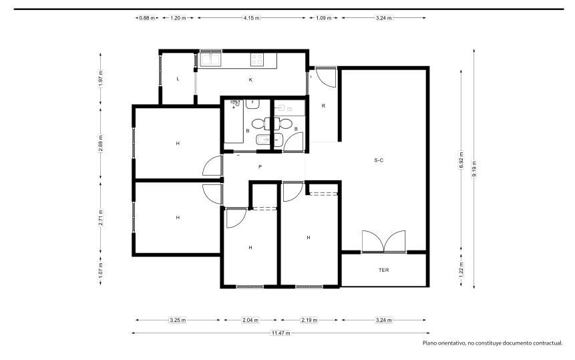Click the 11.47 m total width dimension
(x=280, y=333)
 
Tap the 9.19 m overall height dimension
(x=474, y=168)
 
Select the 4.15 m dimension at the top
(x=251, y=17)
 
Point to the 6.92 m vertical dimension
(x=461, y=160)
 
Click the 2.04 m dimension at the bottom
(x=250, y=320)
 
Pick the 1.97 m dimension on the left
(x=101, y=77)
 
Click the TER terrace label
(x=383, y=271)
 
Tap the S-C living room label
(x=379, y=160)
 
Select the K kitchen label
(x=251, y=79)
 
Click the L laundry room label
(x=178, y=79)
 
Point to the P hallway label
(x=260, y=167)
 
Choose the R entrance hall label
(x=323, y=106)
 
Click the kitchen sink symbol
(x=210, y=59)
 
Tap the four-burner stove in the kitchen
(x=256, y=59)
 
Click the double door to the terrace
(x=383, y=242)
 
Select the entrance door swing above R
(x=325, y=77)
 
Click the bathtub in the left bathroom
(x=234, y=121)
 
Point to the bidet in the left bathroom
(x=263, y=140)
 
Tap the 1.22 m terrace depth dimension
(x=461, y=268)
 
